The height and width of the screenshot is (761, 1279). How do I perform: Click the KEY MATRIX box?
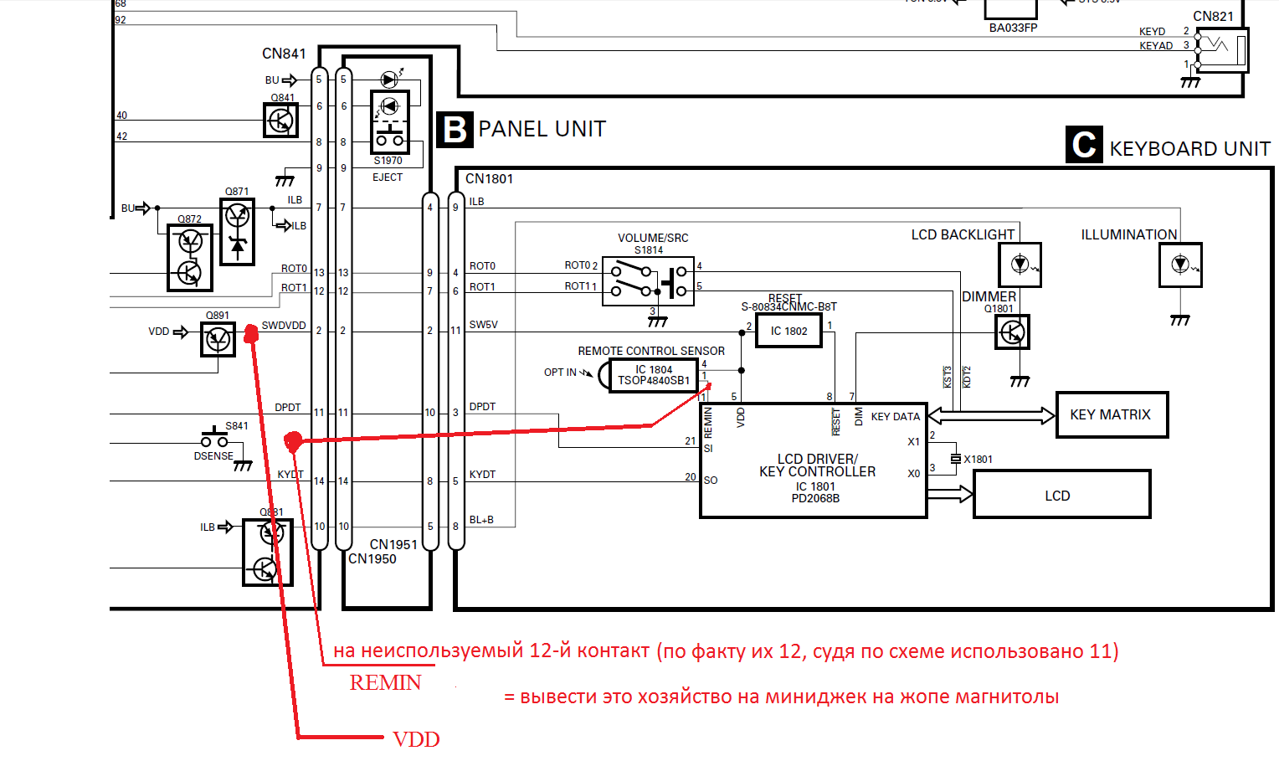(1111, 414)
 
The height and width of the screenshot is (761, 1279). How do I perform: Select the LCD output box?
(1061, 495)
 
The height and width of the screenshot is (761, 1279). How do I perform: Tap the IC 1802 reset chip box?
(788, 331)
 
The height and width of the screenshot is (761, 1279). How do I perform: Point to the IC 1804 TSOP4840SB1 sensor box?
(654, 374)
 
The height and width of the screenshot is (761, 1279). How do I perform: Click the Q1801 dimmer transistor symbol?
(1012, 332)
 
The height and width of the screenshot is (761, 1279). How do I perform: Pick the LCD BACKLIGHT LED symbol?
(1020, 265)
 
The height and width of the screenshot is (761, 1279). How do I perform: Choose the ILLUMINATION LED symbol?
(1180, 265)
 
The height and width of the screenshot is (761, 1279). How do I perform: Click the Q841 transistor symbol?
(281, 121)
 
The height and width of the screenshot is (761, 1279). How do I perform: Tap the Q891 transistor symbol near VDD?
(218, 339)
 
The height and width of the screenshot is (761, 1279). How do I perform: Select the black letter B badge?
(455, 130)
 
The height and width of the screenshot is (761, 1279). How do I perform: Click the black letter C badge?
(1084, 145)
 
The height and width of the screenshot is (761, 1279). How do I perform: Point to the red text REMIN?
(385, 683)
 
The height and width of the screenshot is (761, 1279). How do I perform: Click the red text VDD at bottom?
(416, 739)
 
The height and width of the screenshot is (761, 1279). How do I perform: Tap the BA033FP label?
(1013, 28)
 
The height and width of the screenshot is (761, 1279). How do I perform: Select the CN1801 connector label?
(489, 178)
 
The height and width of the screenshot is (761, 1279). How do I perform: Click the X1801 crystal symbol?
(955, 459)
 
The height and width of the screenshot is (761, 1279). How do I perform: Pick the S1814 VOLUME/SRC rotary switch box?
(648, 281)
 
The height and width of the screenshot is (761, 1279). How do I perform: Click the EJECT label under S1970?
(388, 177)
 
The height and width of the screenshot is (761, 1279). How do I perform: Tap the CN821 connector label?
(1213, 16)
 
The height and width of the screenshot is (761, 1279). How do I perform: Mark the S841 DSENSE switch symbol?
(215, 440)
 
